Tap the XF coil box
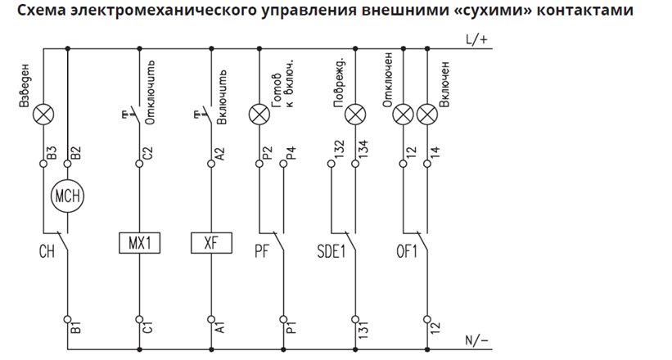click(x=211, y=243)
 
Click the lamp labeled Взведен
click(x=43, y=117)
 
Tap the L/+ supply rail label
click(x=476, y=40)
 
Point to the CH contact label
click(x=46, y=252)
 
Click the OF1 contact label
click(x=406, y=252)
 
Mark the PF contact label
click(x=263, y=252)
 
